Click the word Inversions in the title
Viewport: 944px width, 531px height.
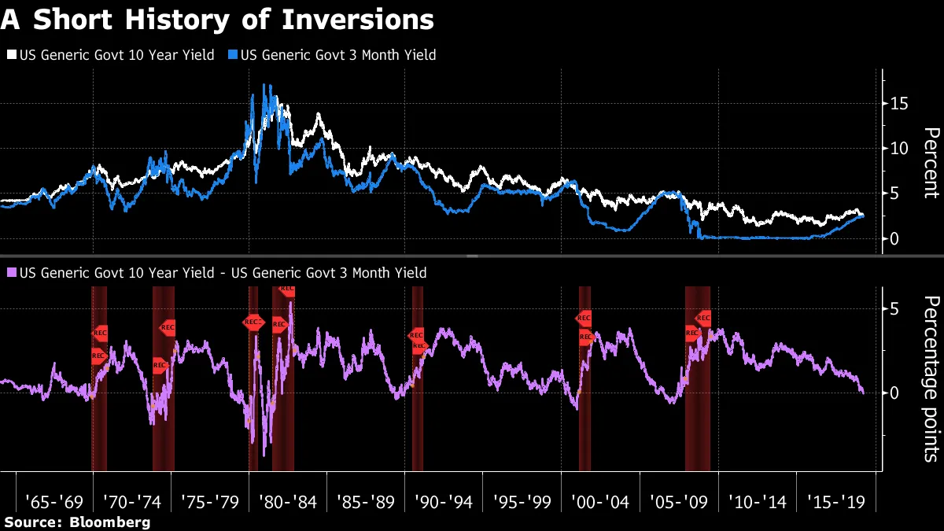click(370, 20)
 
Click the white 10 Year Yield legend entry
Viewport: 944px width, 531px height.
click(110, 55)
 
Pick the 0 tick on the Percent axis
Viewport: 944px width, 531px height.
click(894, 238)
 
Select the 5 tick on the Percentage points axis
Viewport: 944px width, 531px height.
click(894, 309)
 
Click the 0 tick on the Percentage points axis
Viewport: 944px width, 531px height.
click(894, 392)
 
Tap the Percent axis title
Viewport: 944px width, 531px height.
click(930, 162)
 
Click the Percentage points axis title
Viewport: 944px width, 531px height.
click(930, 378)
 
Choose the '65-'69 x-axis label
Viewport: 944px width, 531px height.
click(53, 501)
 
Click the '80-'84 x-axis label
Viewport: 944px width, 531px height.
click(287, 501)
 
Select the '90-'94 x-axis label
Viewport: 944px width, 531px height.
click(443, 501)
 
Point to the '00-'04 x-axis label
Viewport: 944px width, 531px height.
click(599, 501)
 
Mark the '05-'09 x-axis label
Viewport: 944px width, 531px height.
click(677, 501)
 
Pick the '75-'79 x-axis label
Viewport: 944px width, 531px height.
click(209, 501)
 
